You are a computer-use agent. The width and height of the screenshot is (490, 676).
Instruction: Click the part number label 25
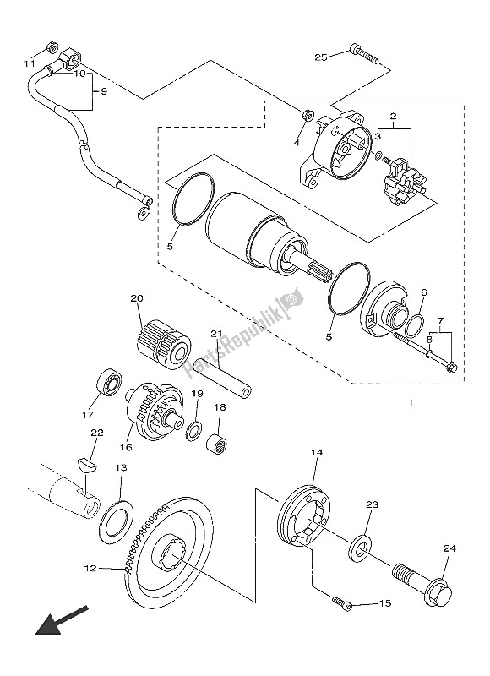tap(320, 57)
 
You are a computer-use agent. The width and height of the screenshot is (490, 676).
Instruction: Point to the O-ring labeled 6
tap(414, 322)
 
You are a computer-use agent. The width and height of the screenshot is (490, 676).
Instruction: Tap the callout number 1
tap(411, 401)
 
